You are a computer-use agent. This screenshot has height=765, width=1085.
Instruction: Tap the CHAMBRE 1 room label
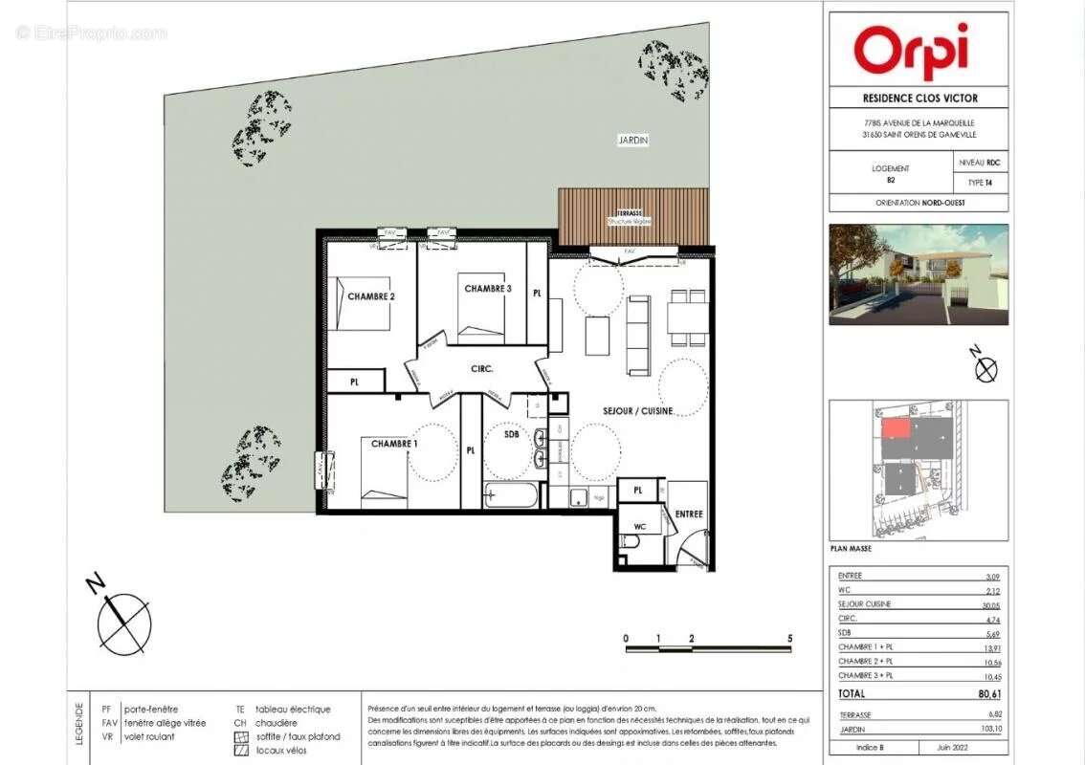[x=394, y=444]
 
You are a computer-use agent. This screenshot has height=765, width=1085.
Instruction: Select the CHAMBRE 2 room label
[x=371, y=297]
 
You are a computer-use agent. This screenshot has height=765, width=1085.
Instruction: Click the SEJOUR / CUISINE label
[x=637, y=411]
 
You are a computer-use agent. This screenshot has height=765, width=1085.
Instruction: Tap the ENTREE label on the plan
[x=689, y=514]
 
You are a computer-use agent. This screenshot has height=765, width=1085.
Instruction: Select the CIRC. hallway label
[x=480, y=367]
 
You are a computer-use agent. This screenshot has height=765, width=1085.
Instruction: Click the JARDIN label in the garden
[x=632, y=141]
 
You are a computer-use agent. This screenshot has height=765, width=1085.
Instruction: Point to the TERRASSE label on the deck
[x=630, y=214]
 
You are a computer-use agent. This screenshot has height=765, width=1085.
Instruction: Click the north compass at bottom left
[x=123, y=623]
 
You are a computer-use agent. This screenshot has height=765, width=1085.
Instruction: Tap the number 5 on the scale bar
[x=789, y=637]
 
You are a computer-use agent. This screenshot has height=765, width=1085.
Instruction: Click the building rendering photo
[x=918, y=274]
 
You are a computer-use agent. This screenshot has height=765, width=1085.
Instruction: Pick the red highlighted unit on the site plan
[x=895, y=428]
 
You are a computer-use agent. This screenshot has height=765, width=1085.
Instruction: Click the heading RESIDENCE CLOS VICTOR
[x=919, y=98]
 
